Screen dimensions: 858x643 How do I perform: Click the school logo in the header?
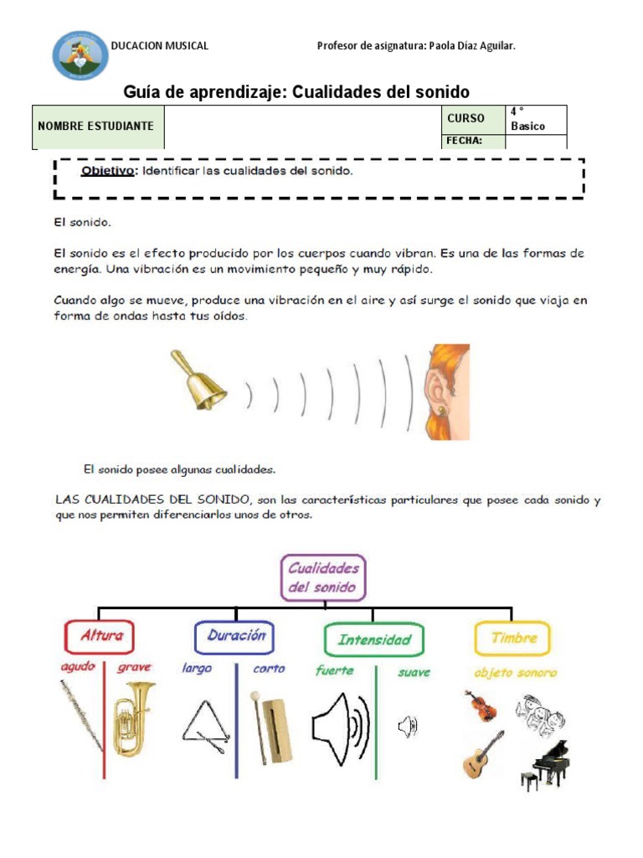click(80, 55)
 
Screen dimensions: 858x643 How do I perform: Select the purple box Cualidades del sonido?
click(322, 576)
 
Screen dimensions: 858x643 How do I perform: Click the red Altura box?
click(100, 636)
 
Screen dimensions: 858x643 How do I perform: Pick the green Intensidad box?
click(373, 640)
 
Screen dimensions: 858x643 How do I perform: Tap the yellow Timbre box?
click(512, 638)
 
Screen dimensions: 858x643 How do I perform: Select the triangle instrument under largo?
click(203, 724)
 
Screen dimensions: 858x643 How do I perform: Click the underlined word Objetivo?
click(107, 172)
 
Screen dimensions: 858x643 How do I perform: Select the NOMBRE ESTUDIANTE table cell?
click(97, 127)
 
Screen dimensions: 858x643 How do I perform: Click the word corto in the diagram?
click(269, 669)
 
